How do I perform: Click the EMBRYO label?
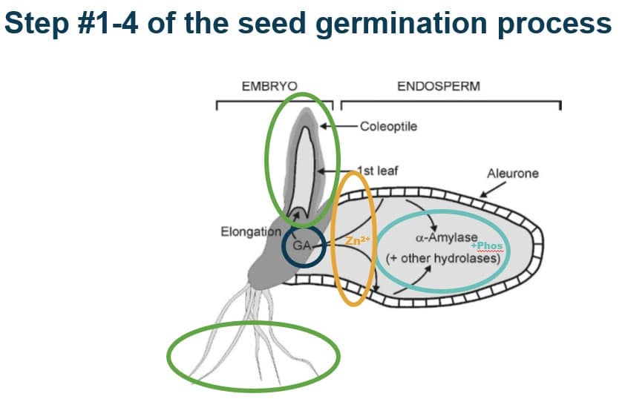click(269, 87)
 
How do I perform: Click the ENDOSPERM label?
click(439, 87)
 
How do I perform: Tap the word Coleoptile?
click(389, 127)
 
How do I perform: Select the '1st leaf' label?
click(378, 171)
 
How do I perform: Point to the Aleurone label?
click(513, 174)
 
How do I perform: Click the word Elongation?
click(251, 231)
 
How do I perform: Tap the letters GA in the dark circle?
click(302, 245)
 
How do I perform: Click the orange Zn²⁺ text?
click(358, 240)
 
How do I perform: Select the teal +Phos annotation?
click(487, 245)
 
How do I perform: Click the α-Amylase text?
click(446, 238)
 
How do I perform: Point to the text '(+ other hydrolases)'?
click(443, 258)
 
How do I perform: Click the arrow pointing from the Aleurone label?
click(492, 190)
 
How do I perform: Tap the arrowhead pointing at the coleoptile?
click(323, 126)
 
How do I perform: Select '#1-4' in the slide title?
click(110, 22)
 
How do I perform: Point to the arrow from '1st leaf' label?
click(338, 171)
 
